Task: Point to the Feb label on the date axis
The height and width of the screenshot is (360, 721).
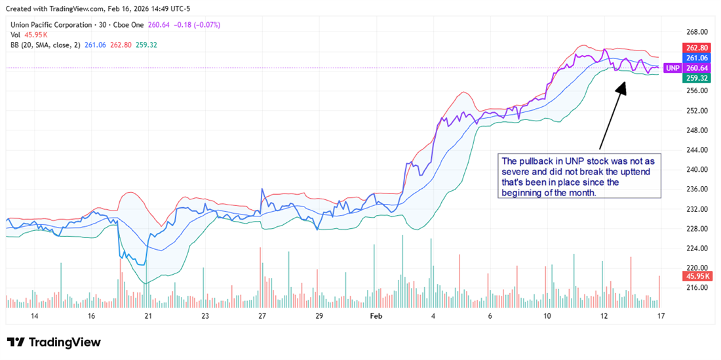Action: pos(376,316)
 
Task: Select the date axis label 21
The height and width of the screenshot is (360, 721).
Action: pos(148,316)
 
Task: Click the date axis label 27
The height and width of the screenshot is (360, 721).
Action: pos(262,316)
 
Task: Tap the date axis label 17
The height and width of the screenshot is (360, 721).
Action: pos(661,316)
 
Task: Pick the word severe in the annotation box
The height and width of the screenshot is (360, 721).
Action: pos(516,171)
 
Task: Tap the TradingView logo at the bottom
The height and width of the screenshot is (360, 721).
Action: pos(54,342)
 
